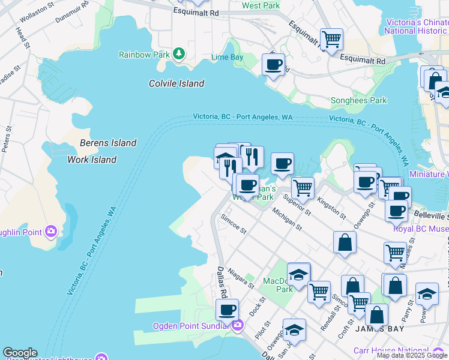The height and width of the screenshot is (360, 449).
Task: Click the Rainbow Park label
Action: click(143, 55)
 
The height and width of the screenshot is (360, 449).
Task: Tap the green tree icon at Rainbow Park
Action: click(178, 54)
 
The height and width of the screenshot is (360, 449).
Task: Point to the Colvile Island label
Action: click(176, 83)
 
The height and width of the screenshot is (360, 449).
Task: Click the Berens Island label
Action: click(108, 143)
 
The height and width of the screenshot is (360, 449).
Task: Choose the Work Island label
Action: click(92, 160)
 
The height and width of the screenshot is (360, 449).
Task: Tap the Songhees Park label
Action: click(359, 101)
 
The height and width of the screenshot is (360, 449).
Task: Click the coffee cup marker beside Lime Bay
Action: click(273, 64)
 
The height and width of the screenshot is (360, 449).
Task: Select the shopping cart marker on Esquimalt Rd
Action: click(331, 40)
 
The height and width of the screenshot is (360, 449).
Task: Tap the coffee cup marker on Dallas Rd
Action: click(227, 310)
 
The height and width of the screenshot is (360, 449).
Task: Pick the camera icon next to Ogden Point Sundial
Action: click(238, 326)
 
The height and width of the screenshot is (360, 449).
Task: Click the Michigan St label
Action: click(286, 219)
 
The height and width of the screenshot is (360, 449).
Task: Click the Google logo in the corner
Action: click(20, 353)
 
